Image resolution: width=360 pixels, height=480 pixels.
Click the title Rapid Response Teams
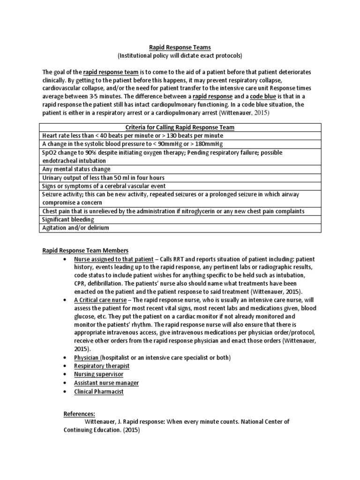(180, 47)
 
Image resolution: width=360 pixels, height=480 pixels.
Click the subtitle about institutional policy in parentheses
(180, 55)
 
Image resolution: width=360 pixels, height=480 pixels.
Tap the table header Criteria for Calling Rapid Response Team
(180, 127)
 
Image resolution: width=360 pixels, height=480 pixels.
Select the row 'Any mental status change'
(76, 169)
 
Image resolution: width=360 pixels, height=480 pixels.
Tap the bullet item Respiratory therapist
(101, 366)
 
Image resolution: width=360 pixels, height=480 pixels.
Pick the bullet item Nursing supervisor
(98, 374)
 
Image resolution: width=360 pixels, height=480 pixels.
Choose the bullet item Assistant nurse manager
(106, 382)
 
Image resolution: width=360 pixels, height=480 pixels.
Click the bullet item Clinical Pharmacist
(98, 391)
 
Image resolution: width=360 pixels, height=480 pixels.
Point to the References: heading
(79, 414)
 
